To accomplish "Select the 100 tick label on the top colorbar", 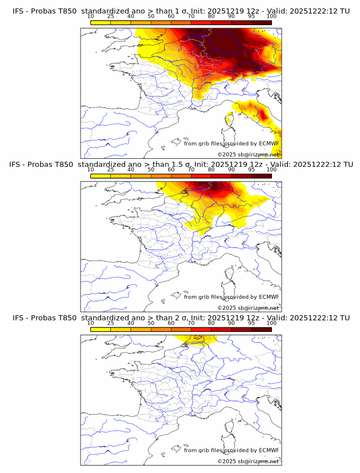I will pyautogui.click(x=271, y=17).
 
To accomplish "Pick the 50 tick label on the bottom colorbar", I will pyautogui.click(x=151, y=323).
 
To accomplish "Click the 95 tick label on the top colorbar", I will pyautogui.click(x=251, y=17).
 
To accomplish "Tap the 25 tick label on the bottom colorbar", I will pyautogui.click(x=110, y=323).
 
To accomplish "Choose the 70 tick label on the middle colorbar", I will pyautogui.click(x=191, y=170).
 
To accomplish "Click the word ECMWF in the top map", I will pyautogui.click(x=269, y=143).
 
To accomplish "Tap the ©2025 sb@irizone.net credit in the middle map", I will pyautogui.click(x=248, y=307).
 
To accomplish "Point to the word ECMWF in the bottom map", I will pyautogui.click(x=269, y=450).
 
